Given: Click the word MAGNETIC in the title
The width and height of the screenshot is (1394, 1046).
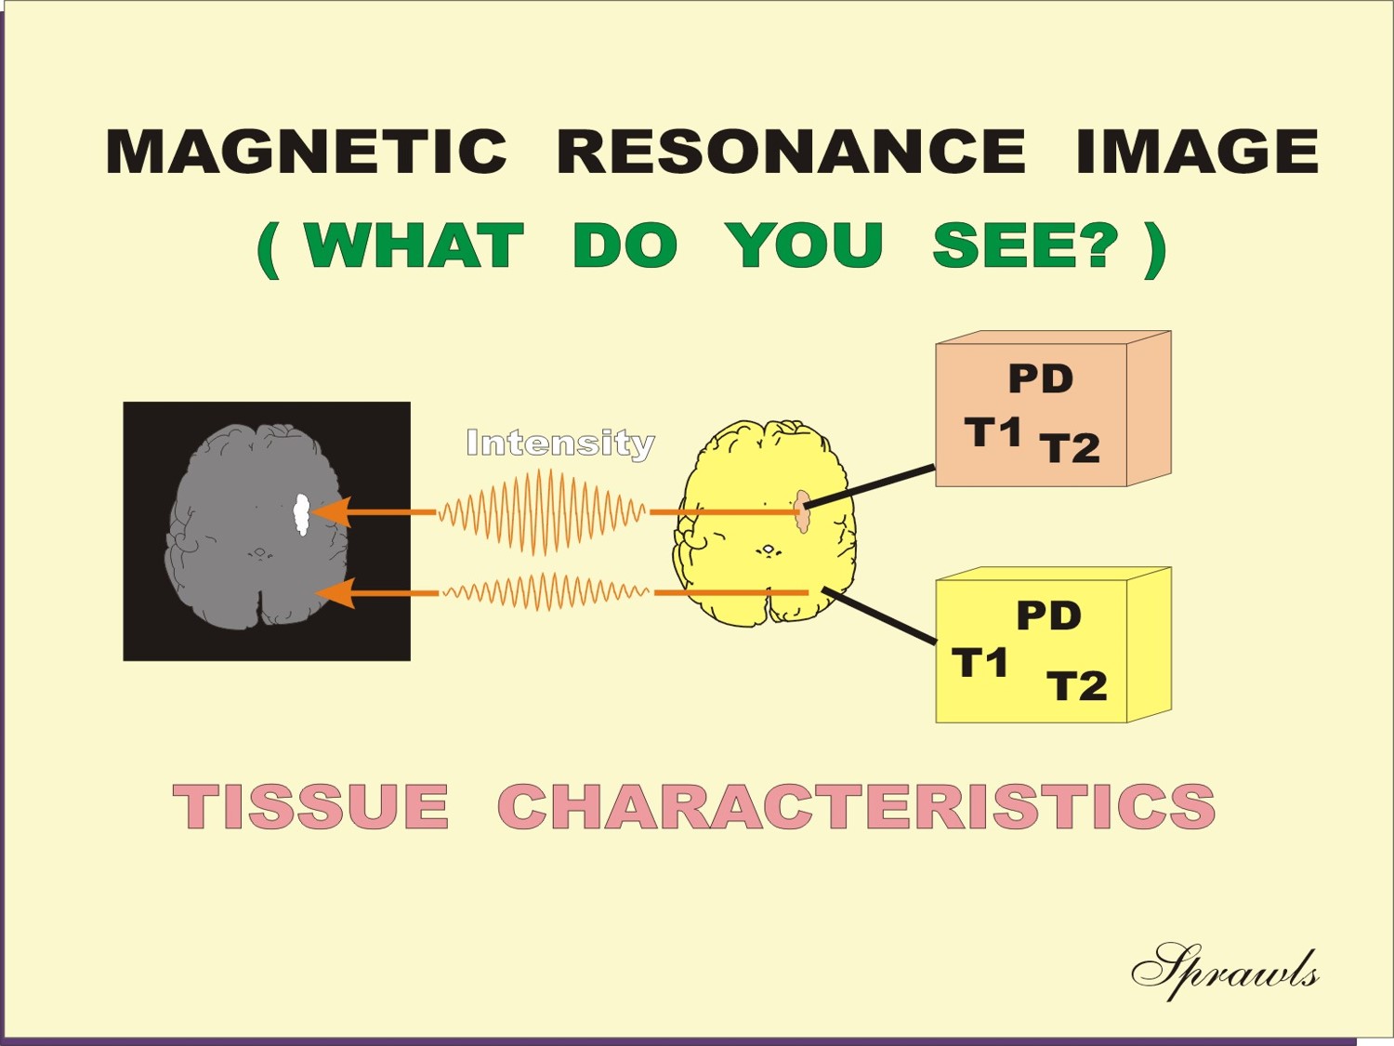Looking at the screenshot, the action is [x=306, y=152].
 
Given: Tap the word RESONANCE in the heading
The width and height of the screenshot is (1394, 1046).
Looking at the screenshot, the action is [x=791, y=152].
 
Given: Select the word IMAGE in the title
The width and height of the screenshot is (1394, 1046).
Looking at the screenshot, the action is [x=1197, y=152].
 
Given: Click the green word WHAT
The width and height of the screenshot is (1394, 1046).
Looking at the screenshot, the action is [x=414, y=245].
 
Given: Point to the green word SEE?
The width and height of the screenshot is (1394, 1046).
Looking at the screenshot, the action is [x=1024, y=245].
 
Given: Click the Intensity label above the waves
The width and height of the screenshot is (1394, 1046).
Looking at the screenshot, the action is [x=560, y=444].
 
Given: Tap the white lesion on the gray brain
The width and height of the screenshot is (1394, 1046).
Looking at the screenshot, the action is [x=302, y=514].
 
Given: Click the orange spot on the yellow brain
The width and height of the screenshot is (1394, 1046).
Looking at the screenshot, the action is [x=803, y=511].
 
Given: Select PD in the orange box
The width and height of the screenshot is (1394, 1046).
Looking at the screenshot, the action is [x=1041, y=379].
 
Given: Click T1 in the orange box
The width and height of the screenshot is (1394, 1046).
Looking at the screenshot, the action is [x=993, y=431].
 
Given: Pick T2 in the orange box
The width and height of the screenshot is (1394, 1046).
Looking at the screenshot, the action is [x=1070, y=448].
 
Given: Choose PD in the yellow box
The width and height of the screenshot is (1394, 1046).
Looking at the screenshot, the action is [x=1049, y=616].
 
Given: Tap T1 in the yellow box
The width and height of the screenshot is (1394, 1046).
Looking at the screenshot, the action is [x=980, y=662].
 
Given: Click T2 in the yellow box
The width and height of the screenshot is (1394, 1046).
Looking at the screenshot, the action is [x=1077, y=686].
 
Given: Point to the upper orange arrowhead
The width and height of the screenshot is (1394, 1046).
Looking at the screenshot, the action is [x=331, y=512].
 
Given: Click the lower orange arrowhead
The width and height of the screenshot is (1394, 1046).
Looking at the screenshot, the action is [x=335, y=593].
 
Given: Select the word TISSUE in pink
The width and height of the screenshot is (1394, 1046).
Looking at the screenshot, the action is [x=310, y=806].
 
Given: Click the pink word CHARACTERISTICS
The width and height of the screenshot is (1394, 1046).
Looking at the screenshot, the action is [x=857, y=806].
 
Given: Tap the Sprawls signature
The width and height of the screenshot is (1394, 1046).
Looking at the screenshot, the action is [x=1225, y=973].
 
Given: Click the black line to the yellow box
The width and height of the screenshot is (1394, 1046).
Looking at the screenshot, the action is [x=879, y=616].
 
